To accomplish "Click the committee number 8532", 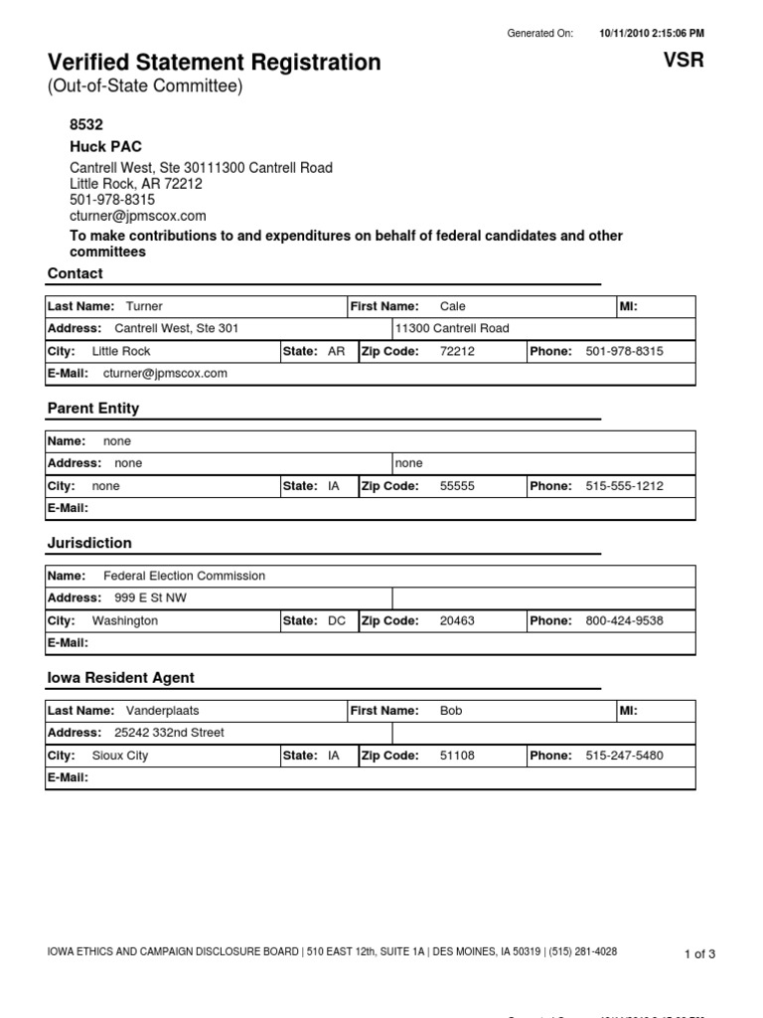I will (86, 125).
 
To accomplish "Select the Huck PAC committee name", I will (101, 146).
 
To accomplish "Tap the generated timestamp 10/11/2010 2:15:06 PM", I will (651, 33).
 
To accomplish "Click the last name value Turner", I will (144, 307).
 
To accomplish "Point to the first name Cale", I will (452, 307).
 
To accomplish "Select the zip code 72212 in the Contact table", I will (457, 351).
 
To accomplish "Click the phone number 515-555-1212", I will (624, 486).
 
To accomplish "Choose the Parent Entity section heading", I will (93, 409).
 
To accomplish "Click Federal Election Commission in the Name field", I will (184, 576).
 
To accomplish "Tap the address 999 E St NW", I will (150, 597).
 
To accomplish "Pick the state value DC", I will (337, 620).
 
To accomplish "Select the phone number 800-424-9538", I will (624, 620).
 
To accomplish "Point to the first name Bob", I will (451, 711).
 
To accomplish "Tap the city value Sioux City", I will (119, 756).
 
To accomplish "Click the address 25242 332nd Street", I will (169, 733).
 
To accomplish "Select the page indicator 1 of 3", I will (699, 954).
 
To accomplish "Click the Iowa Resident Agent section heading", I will (121, 678).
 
